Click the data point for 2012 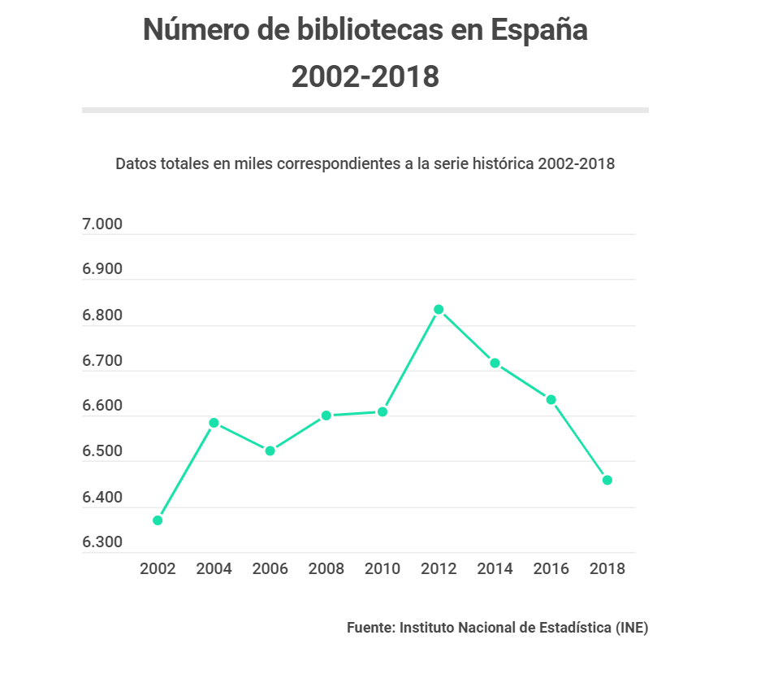click(439, 310)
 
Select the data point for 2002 click(158, 520)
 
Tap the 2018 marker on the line click(607, 481)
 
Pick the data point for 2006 click(270, 450)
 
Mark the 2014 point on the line click(495, 363)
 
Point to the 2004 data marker click(214, 423)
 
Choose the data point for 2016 click(551, 400)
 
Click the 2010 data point click(382, 412)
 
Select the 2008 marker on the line click(326, 415)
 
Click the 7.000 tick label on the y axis click(102, 225)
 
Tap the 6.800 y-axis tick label click(102, 316)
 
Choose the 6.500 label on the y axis click(102, 452)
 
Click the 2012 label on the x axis click(439, 568)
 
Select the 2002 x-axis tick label click(158, 568)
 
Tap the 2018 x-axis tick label click(607, 568)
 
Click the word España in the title click(538, 31)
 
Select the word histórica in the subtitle click(505, 163)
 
